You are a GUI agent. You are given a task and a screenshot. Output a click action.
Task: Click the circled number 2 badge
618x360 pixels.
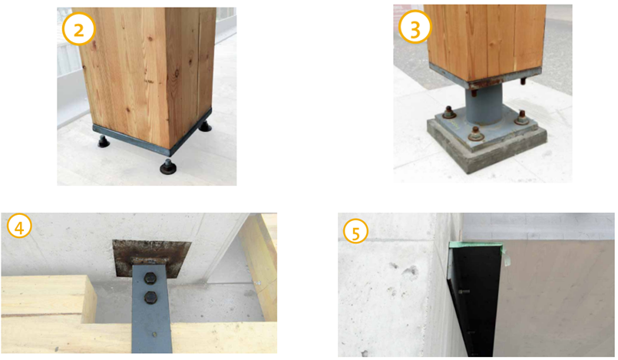click(x=79, y=29)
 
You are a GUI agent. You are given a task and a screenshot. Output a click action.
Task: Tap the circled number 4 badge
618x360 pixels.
click(x=19, y=226)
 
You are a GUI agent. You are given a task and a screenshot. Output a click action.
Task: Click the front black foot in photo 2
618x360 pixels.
click(x=168, y=167)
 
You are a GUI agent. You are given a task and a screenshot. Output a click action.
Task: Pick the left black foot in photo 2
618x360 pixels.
click(x=104, y=141)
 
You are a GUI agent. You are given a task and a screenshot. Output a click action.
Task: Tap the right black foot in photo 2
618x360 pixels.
click(x=205, y=126)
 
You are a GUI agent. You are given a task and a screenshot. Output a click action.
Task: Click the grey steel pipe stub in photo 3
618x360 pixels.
click(x=484, y=106)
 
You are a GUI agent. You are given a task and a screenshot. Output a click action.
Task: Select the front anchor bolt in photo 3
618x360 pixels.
click(x=476, y=134)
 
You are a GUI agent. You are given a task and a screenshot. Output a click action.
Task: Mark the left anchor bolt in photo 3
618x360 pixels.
click(x=448, y=113)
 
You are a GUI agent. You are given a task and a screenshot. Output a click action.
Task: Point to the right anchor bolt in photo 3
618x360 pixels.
click(x=522, y=117)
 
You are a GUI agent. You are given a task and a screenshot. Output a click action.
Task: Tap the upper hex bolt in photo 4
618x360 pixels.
click(x=151, y=279)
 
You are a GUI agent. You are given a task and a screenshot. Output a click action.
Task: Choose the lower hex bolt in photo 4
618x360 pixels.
click(x=150, y=297)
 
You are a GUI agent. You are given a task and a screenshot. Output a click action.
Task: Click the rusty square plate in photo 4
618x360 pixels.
click(x=151, y=257)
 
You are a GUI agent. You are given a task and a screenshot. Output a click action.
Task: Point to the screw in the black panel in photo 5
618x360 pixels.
click(x=464, y=292)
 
